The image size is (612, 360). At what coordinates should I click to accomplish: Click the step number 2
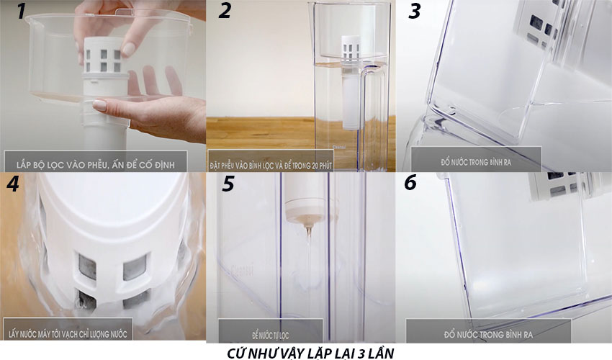225,12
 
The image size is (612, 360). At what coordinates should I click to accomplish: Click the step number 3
415,12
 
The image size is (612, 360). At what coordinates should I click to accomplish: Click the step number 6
410,183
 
